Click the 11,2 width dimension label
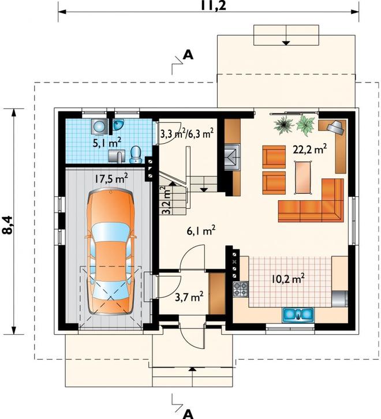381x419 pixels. tap(213, 5)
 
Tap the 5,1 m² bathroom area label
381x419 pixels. tap(107, 143)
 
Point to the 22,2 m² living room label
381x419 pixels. tap(309, 149)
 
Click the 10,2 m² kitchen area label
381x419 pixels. tap(288, 279)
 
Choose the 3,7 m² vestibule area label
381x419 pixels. tap(189, 297)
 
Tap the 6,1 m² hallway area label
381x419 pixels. tap(201, 231)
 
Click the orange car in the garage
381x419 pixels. tap(111, 252)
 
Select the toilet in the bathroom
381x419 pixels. tap(136, 155)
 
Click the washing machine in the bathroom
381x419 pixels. tap(99, 126)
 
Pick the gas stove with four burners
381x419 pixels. tap(241, 289)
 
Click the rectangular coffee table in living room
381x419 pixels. tap(303, 177)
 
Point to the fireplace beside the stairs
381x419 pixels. tap(231, 157)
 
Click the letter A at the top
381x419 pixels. tap(188, 55)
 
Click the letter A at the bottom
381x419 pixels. tap(189, 414)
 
